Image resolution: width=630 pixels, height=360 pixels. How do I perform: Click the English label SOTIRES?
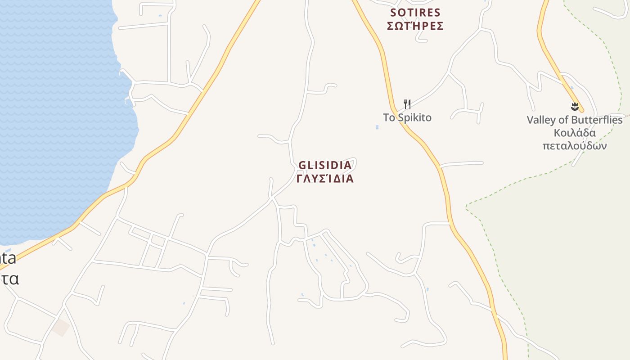tap(415, 13)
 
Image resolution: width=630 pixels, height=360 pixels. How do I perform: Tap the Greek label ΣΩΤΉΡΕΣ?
tap(415, 26)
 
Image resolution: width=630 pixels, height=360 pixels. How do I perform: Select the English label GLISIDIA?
tap(325, 166)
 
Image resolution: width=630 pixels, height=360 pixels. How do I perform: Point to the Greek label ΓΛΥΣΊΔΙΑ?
tap(325, 179)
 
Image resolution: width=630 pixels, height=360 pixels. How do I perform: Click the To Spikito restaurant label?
tap(407, 118)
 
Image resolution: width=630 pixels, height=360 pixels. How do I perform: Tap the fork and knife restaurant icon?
tap(407, 104)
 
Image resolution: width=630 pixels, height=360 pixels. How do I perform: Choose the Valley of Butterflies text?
tap(575, 120)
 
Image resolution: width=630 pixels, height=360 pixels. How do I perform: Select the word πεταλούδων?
tap(575, 146)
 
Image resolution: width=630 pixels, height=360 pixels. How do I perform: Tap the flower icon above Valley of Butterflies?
tap(574, 107)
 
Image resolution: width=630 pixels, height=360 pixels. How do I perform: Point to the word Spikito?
tap(414, 118)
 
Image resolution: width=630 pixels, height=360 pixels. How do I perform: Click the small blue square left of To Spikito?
tap(377, 127)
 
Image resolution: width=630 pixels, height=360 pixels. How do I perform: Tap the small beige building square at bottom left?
tap(60, 327)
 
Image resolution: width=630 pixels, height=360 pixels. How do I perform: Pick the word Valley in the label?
tap(541, 120)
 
